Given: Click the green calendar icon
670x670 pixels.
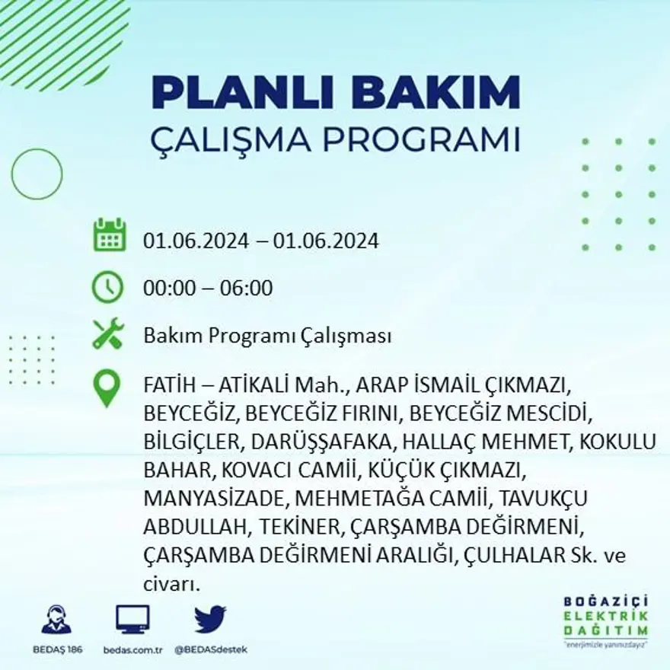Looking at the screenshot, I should [110, 236].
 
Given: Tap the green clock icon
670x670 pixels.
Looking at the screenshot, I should [107, 288].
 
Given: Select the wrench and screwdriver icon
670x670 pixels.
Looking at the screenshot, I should [107, 334].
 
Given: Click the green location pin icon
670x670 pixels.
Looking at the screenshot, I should [107, 388].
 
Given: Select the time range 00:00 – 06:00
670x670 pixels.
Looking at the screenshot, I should [208, 289].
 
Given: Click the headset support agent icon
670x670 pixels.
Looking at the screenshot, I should [56, 620].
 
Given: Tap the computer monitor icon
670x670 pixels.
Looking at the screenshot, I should [132, 619].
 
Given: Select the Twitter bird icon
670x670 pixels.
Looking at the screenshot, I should [210, 619].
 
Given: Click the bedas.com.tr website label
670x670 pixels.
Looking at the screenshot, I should [132, 649].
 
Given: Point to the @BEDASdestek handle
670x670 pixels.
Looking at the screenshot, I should [211, 649].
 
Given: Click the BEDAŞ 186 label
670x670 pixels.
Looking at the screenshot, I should [57, 649].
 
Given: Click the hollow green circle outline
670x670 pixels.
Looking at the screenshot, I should [37, 174].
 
